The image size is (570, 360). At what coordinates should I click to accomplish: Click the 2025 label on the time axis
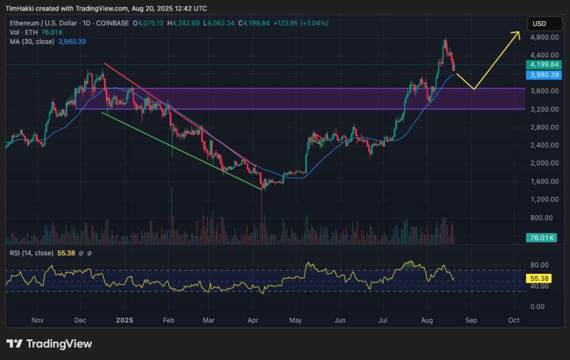(x=125, y=320)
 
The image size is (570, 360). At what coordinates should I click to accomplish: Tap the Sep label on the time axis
(x=471, y=320)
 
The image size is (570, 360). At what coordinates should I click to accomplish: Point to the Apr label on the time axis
(x=253, y=320)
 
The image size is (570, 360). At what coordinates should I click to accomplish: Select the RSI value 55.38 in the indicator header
(x=66, y=253)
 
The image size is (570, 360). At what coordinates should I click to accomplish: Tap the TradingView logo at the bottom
(x=49, y=344)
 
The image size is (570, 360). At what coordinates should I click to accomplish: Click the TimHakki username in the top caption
(x=24, y=8)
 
